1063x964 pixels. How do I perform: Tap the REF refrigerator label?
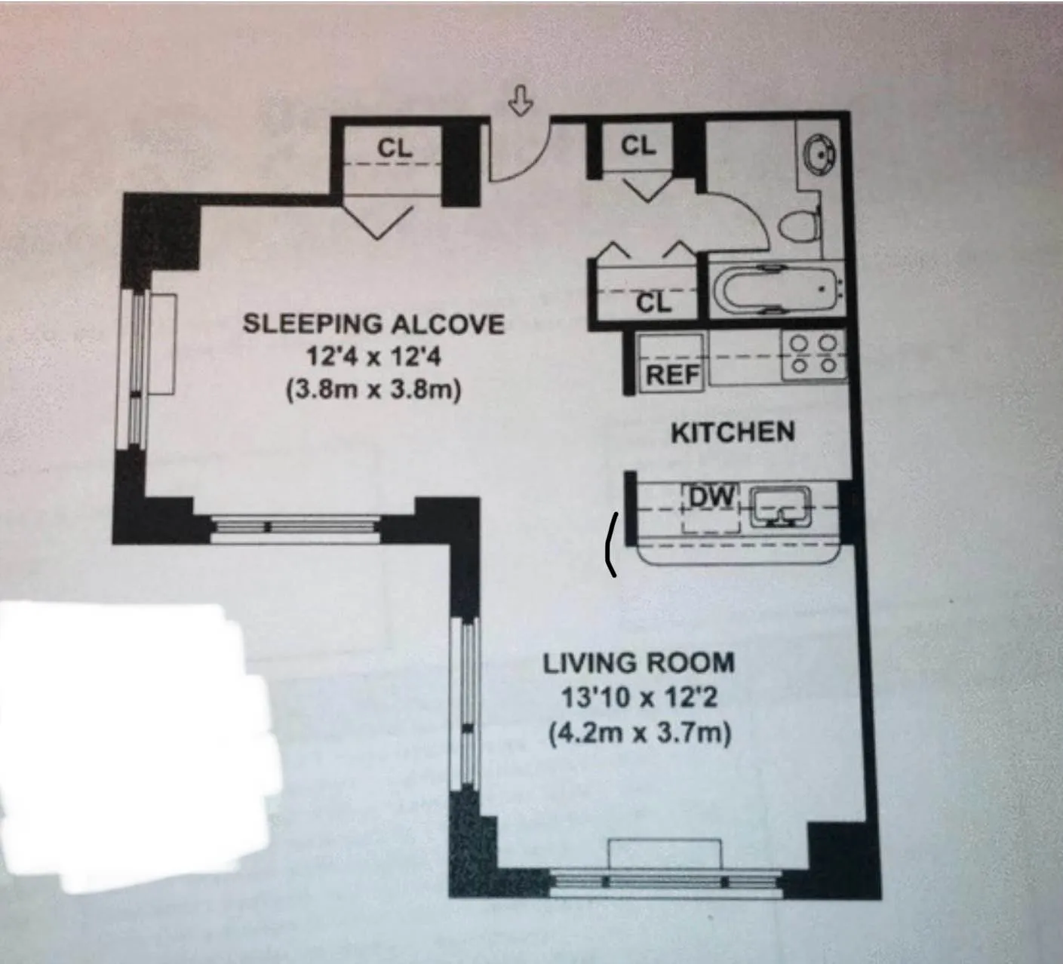click(x=672, y=374)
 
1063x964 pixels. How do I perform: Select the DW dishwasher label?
click(x=712, y=496)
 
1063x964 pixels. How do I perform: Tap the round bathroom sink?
click(x=819, y=154)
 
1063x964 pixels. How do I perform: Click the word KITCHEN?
click(x=733, y=432)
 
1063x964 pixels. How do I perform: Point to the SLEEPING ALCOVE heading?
click(x=373, y=324)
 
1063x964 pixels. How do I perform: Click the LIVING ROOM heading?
click(x=639, y=664)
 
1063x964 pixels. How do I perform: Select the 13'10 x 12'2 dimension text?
click(x=639, y=698)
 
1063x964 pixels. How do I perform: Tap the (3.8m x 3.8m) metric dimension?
click(x=373, y=391)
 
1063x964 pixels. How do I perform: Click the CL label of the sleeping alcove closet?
click(x=395, y=149)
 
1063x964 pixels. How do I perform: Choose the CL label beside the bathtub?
click(x=653, y=302)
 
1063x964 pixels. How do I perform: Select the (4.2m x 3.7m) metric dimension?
click(x=639, y=732)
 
